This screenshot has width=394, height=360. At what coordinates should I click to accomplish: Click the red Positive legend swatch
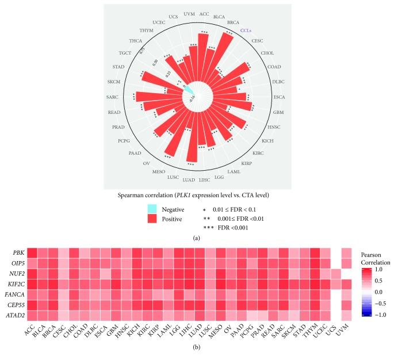[x=152, y=219]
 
